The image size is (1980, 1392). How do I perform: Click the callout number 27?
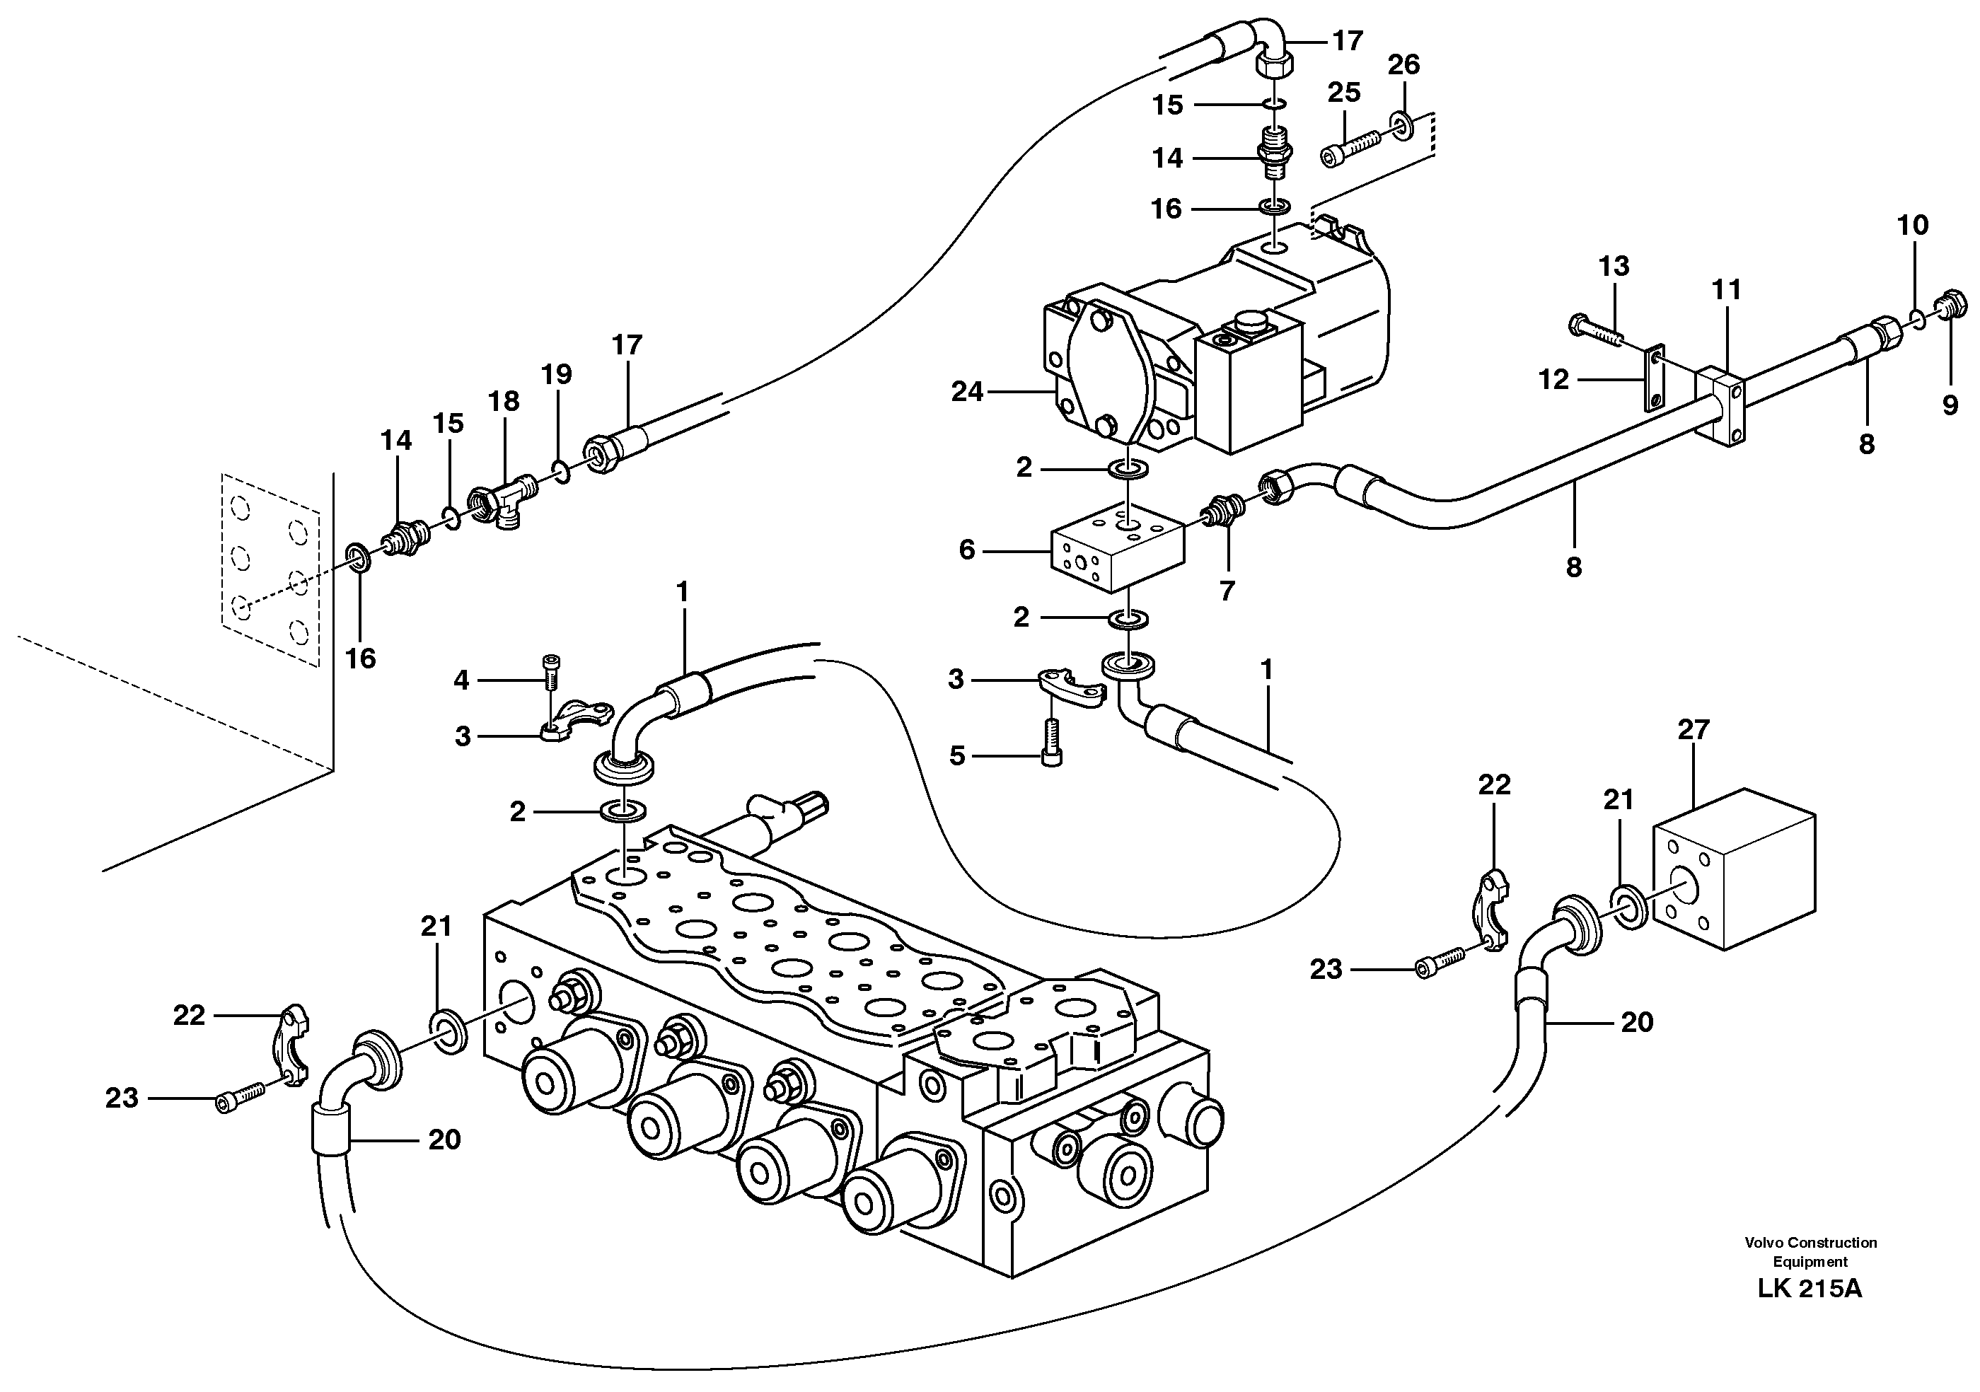tap(1693, 730)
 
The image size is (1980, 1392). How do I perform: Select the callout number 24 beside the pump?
tap(967, 393)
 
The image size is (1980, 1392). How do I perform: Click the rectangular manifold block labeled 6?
tap(1118, 547)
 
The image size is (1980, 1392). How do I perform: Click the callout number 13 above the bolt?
tap(1614, 267)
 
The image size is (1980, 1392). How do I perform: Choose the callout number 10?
tap(1912, 226)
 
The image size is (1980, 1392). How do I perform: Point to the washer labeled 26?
tap(1401, 126)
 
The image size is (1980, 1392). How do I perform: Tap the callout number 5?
tap(957, 756)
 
